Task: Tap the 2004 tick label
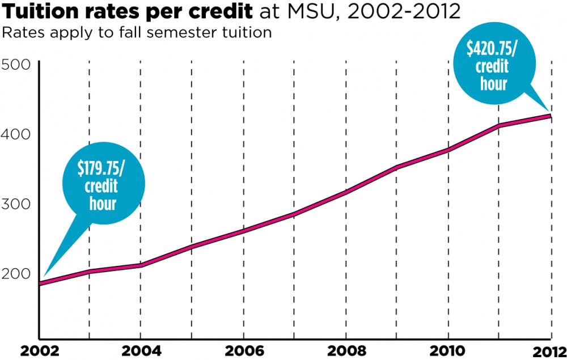pos(139,350)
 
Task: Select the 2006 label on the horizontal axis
pos(243,350)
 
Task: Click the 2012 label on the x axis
pos(548,350)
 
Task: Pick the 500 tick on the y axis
pos(16,65)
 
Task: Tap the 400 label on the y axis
pos(16,134)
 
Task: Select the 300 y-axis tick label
pos(16,204)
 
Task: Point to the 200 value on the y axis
pos(16,274)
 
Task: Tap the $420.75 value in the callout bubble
pos(491,49)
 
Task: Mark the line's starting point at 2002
pos(40,283)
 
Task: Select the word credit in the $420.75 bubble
pos(491,67)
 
